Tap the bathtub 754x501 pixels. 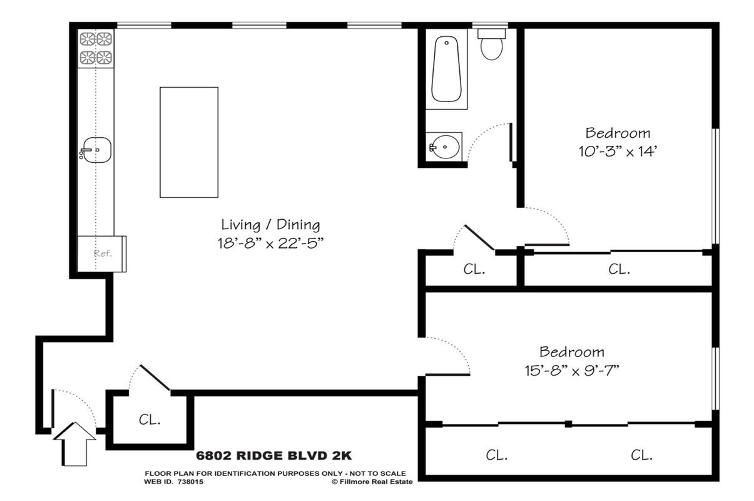point(446,69)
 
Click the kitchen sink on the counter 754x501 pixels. point(96,150)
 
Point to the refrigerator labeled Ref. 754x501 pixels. point(102,254)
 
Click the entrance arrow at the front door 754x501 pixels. point(74,444)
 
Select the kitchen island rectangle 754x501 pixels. point(189,142)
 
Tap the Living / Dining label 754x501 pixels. point(270,225)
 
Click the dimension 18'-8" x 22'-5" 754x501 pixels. point(270,243)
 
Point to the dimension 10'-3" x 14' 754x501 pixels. point(618,152)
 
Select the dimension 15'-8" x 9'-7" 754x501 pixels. point(572,371)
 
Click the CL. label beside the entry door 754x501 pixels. point(150,420)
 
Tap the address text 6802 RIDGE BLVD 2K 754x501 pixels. point(273,455)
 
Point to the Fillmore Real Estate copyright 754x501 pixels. point(372,482)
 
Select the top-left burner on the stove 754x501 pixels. point(87,39)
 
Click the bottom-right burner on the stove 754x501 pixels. point(104,58)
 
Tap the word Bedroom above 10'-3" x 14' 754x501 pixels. point(618,133)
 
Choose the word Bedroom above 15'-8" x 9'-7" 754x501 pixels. point(572,352)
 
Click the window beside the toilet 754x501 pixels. point(490,26)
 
